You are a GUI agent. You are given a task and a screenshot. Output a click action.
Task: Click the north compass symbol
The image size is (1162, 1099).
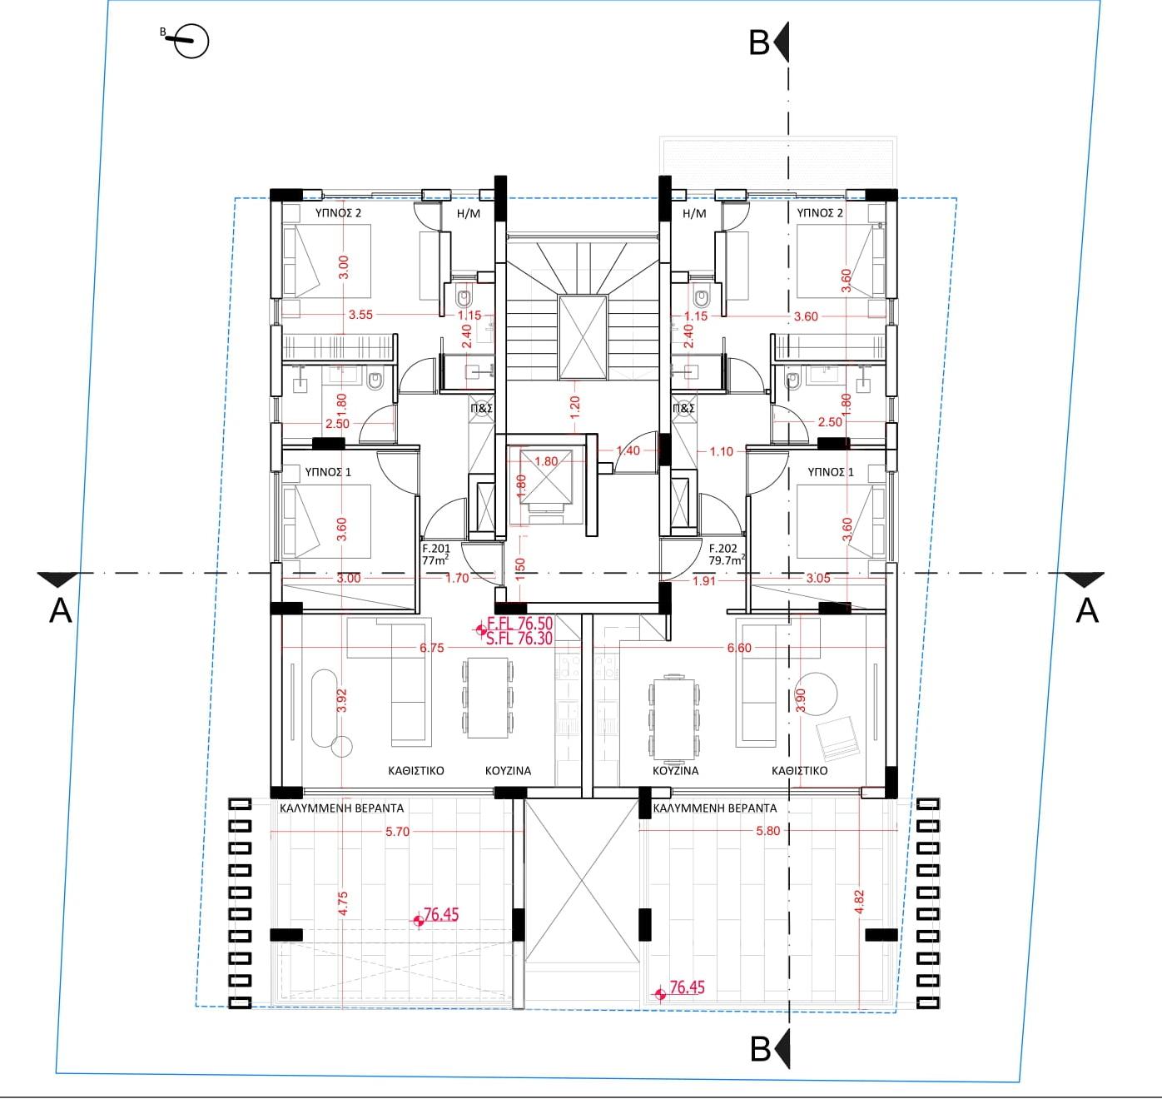pyautogui.click(x=191, y=42)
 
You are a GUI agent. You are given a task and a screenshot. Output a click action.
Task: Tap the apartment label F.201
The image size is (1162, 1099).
pyautogui.click(x=436, y=548)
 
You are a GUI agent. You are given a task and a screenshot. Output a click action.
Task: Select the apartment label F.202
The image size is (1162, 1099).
pyautogui.click(x=723, y=548)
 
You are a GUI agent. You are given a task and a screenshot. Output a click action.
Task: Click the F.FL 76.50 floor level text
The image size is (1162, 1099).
pyautogui.click(x=520, y=624)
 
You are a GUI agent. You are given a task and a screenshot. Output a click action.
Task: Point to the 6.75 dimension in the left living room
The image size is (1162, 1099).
pyautogui.click(x=431, y=648)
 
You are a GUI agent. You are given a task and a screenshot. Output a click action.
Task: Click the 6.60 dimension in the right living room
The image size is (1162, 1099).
pyautogui.click(x=739, y=648)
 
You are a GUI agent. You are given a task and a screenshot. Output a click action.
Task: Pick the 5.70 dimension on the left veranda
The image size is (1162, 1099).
pyautogui.click(x=397, y=832)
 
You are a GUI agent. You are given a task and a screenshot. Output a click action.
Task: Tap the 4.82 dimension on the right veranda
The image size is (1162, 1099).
pyautogui.click(x=859, y=903)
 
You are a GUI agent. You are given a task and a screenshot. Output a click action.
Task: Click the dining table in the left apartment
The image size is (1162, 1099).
pyautogui.click(x=488, y=699)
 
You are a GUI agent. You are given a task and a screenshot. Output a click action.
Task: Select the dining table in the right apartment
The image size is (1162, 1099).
pyautogui.click(x=673, y=718)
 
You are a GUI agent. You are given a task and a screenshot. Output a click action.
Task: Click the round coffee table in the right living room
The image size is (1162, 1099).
pyautogui.click(x=817, y=692)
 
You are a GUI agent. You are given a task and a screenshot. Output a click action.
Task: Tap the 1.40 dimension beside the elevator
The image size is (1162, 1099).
pyautogui.click(x=628, y=450)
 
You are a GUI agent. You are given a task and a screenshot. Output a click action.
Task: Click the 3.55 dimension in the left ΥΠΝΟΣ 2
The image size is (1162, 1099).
pyautogui.click(x=360, y=315)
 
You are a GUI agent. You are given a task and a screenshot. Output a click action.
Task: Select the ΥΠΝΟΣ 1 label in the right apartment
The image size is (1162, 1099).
pyautogui.click(x=831, y=472)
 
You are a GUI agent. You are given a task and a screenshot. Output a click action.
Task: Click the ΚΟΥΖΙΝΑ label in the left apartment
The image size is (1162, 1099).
pyautogui.click(x=508, y=771)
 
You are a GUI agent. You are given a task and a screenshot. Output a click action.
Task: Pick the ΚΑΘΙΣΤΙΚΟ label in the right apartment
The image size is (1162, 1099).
pyautogui.click(x=799, y=771)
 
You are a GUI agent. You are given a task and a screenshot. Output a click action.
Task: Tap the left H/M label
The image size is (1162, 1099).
pyautogui.click(x=468, y=213)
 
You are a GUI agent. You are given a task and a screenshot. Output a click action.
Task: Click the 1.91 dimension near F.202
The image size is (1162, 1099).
pyautogui.click(x=704, y=580)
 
